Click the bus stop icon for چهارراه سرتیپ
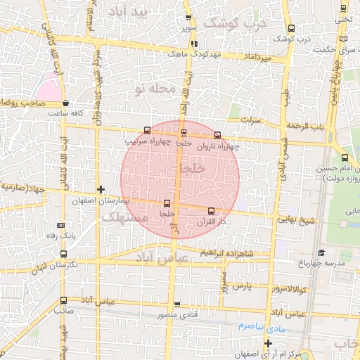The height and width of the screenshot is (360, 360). pyautogui.click(x=147, y=130)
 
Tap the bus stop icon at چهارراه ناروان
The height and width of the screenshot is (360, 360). pyautogui.click(x=217, y=135)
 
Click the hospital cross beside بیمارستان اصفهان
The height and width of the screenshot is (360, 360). pyautogui.click(x=102, y=189)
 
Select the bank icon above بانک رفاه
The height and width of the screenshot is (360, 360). pyautogui.click(x=61, y=224)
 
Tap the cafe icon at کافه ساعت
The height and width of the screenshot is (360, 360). pyautogui.click(x=65, y=103)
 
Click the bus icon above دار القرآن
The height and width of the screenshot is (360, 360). pyautogui.click(x=211, y=210)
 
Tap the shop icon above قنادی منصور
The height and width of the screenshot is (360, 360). pyautogui.click(x=177, y=304)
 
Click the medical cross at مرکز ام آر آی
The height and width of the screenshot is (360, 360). pyautogui.click(x=267, y=343)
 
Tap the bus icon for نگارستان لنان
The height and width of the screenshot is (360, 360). pyautogui.click(x=64, y=254)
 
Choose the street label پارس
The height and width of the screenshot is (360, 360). pyautogui.click(x=241, y=287)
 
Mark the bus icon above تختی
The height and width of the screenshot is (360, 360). pyautogui.click(x=342, y=9)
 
